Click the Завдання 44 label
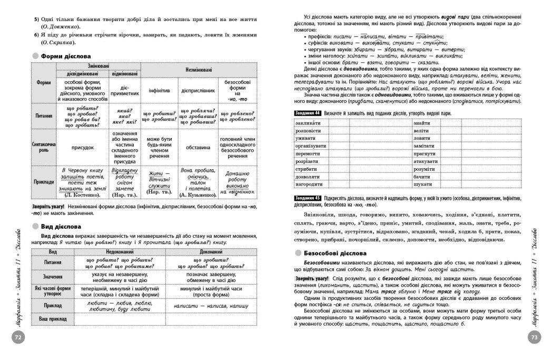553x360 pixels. [293, 113]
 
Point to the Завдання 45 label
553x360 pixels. [293, 197]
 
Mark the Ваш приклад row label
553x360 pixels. [49, 318]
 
